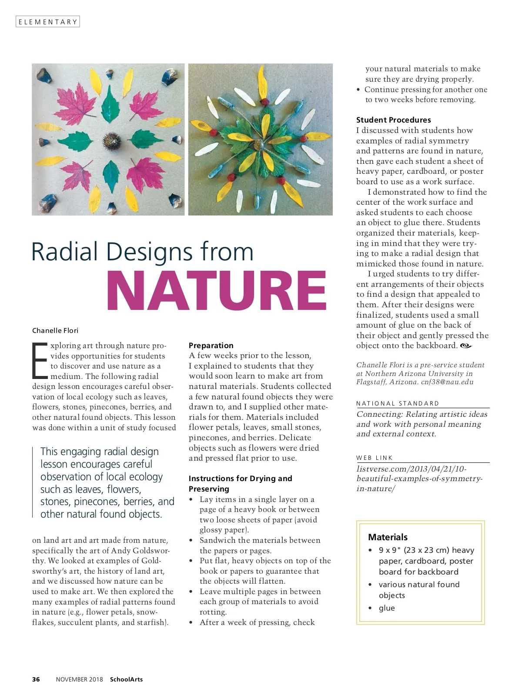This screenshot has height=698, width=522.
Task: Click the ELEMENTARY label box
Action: (x=48, y=22)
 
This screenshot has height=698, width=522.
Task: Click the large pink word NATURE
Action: (x=216, y=290)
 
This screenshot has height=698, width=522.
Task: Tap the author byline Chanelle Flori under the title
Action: (x=55, y=330)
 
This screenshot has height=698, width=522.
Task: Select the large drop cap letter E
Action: (x=40, y=360)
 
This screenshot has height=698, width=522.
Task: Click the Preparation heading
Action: (x=211, y=346)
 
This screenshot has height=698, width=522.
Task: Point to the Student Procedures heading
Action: (x=394, y=120)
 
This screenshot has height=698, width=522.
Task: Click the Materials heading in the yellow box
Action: (x=388, y=537)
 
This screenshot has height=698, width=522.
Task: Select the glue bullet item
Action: (x=387, y=608)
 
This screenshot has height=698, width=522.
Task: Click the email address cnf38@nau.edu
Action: (x=447, y=382)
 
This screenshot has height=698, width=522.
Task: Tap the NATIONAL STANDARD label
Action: (x=398, y=403)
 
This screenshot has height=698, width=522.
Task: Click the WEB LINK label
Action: (x=374, y=458)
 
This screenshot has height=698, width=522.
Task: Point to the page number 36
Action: (x=36, y=679)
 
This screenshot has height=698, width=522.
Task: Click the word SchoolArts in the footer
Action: (x=126, y=679)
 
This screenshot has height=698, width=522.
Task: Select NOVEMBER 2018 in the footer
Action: (x=80, y=679)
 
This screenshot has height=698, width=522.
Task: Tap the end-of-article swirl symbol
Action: (x=466, y=346)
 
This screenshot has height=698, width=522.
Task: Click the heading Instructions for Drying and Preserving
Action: (x=240, y=483)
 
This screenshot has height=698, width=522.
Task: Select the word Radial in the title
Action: (x=65, y=252)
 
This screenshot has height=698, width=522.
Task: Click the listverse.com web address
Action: (x=411, y=469)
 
